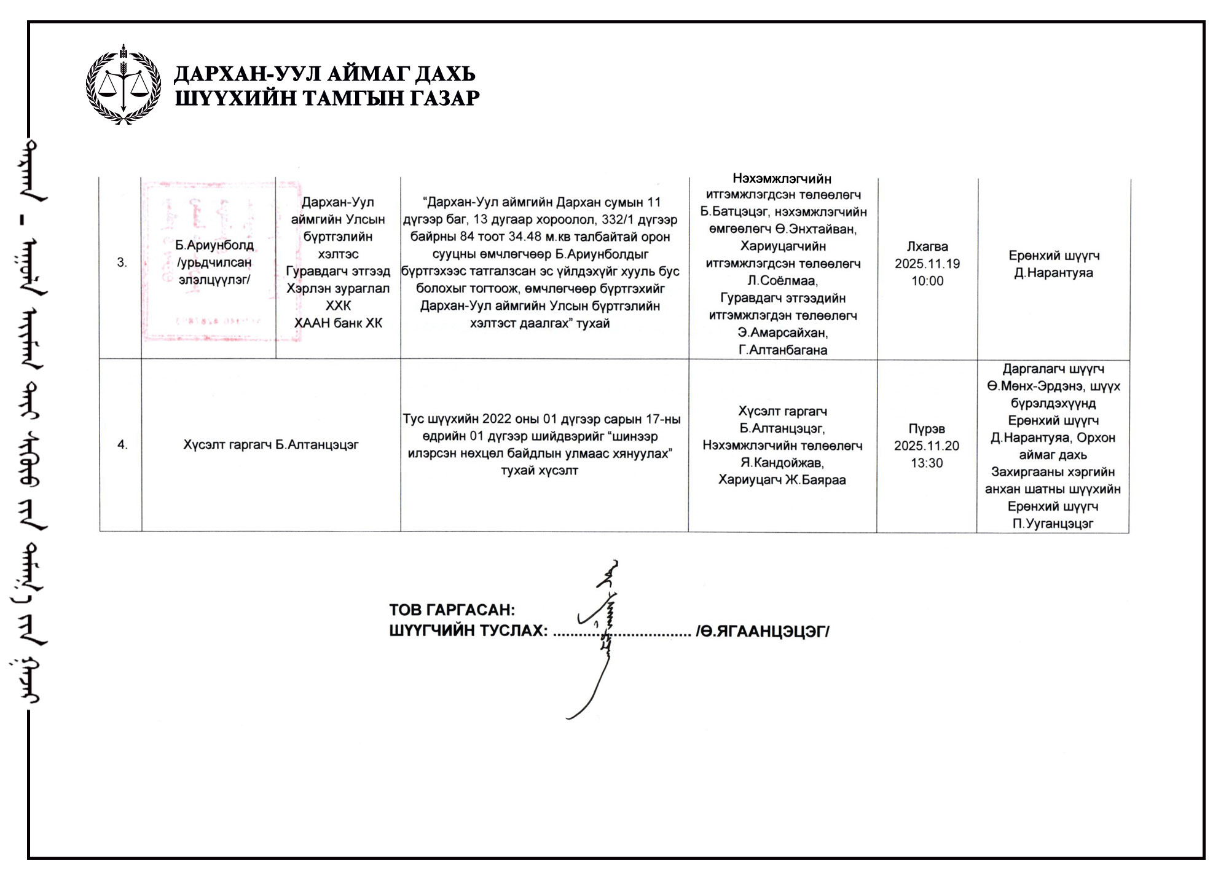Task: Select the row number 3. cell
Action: tap(122, 262)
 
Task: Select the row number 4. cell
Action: tap(122, 444)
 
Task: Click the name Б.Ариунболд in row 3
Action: tap(214, 245)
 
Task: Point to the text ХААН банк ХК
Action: tap(338, 323)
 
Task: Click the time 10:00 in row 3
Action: tap(927, 281)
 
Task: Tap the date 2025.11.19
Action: tap(927, 264)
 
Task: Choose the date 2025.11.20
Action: tap(926, 446)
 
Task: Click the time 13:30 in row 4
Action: tap(926, 463)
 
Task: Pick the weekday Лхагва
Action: tap(927, 247)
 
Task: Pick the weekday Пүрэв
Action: tap(926, 429)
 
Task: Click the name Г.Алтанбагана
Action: tap(782, 350)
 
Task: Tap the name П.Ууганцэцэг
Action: tap(1053, 524)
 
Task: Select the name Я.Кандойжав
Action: tap(782, 463)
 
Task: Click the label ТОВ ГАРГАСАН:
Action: tap(452, 610)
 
